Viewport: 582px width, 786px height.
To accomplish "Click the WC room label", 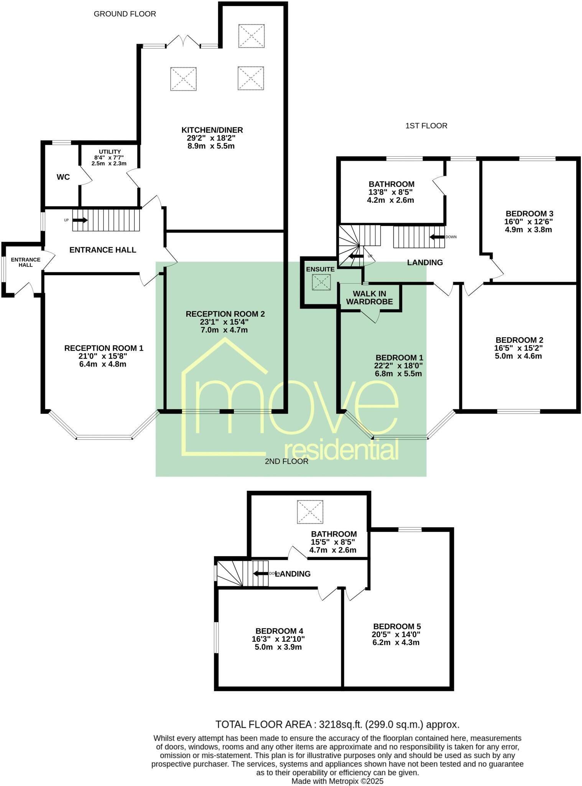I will click(63, 177).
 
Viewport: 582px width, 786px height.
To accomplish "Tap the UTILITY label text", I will click(110, 152).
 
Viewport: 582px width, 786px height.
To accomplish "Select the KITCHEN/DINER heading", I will click(212, 130).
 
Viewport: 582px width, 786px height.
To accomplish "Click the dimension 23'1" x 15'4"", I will click(225, 322).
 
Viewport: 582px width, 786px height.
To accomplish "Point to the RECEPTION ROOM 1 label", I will click(104, 348).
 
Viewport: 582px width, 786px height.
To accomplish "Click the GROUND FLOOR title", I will click(125, 14).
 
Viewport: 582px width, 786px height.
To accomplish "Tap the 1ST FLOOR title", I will click(426, 126).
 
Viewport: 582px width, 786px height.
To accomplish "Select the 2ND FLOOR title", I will click(286, 461).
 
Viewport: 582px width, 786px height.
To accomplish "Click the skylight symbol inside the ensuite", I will click(321, 283).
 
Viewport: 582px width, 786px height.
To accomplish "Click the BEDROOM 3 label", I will click(529, 214).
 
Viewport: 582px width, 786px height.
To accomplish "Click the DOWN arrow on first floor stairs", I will click(437, 237).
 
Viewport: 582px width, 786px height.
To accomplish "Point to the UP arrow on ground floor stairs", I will click(80, 220).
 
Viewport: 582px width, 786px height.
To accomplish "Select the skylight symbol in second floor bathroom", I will click(310, 512).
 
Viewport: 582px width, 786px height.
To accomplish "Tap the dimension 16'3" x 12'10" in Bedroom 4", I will click(278, 639).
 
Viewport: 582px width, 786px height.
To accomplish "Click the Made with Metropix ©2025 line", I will click(337, 781).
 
